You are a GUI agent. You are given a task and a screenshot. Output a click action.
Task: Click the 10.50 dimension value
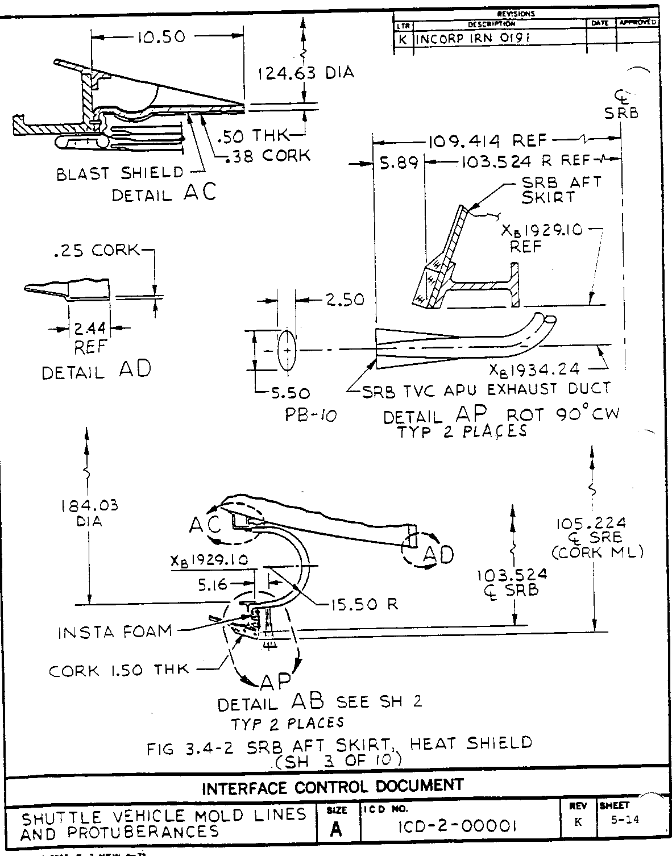[160, 38]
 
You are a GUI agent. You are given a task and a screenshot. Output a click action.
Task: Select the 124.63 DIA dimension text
[305, 73]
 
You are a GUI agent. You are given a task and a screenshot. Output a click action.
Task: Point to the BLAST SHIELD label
[120, 173]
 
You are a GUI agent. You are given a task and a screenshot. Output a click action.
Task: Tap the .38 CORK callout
[268, 155]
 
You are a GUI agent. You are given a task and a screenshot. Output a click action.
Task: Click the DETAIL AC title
[164, 193]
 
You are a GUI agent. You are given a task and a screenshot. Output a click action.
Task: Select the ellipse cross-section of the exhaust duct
[287, 351]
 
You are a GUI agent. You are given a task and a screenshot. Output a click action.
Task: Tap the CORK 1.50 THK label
[118, 671]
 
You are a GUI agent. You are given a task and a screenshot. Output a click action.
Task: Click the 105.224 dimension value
[591, 523]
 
